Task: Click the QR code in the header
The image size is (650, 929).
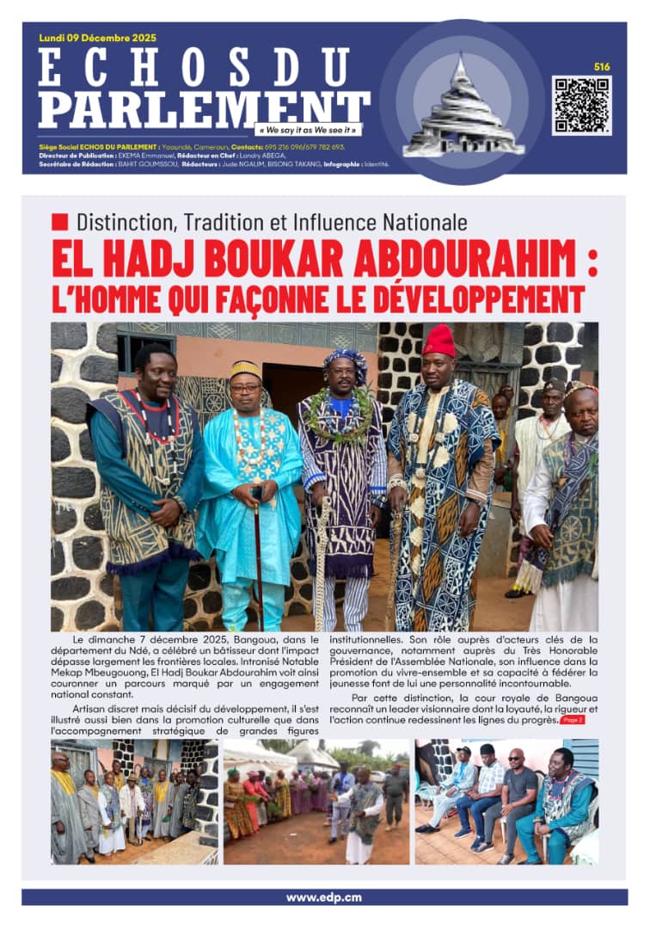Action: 581,105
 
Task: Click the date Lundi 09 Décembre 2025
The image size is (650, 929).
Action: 98,38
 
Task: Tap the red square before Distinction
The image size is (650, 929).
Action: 59,221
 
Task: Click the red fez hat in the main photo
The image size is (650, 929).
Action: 438,341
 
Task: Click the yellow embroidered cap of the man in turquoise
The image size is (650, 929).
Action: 245,369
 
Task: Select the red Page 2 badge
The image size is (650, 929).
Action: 573,719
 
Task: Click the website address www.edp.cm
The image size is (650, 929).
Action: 324,897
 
